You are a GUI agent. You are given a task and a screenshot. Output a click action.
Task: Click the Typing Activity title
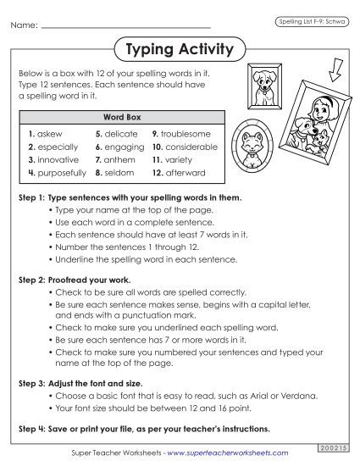[x=179, y=50]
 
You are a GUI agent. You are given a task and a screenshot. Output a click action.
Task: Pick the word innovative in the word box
[x=57, y=159]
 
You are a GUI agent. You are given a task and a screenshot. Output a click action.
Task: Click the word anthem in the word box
[x=119, y=159]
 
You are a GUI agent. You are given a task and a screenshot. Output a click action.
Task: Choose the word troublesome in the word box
[x=186, y=134]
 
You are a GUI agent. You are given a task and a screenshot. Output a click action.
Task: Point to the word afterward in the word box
[x=184, y=172]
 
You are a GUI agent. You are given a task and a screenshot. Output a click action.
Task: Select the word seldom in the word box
[x=119, y=172]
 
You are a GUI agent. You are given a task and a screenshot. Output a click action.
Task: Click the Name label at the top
[x=24, y=26]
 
